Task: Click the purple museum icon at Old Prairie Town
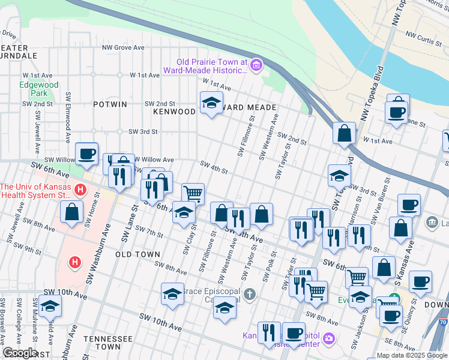(256, 65)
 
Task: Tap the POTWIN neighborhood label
(110, 104)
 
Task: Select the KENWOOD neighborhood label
(174, 112)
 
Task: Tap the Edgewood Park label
(39, 89)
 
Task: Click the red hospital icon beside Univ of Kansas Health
(81, 191)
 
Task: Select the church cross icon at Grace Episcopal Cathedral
(250, 294)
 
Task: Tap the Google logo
(19, 353)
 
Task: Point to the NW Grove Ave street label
(123, 47)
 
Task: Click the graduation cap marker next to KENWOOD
(211, 103)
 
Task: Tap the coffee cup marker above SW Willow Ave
(86, 154)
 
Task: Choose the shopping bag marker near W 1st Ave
(345, 133)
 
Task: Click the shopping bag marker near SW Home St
(71, 212)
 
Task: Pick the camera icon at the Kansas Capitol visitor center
(328, 339)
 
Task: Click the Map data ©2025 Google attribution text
(411, 355)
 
